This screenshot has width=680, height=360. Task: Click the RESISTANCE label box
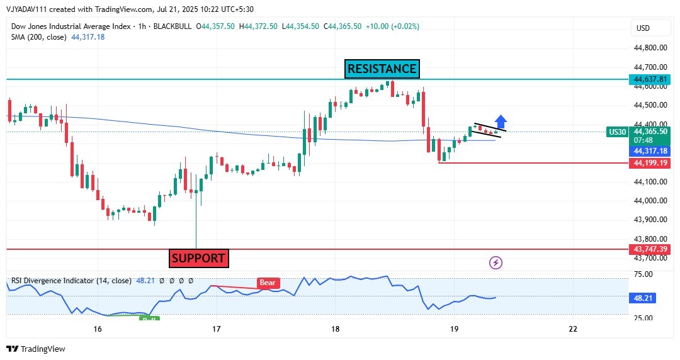point(382,69)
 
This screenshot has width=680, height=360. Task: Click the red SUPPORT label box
point(198,258)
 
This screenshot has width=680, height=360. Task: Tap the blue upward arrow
point(501,121)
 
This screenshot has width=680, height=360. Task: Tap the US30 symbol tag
point(617,132)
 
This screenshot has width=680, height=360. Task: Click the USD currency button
point(643,28)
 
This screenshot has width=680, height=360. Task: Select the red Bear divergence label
point(268,283)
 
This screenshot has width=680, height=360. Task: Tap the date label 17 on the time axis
point(216,329)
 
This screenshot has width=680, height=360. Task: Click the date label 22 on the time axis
point(573,329)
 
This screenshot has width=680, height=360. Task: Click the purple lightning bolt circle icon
point(496,262)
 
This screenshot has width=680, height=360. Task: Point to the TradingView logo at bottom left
point(36,349)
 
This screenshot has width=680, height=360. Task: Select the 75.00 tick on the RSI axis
point(643,274)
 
